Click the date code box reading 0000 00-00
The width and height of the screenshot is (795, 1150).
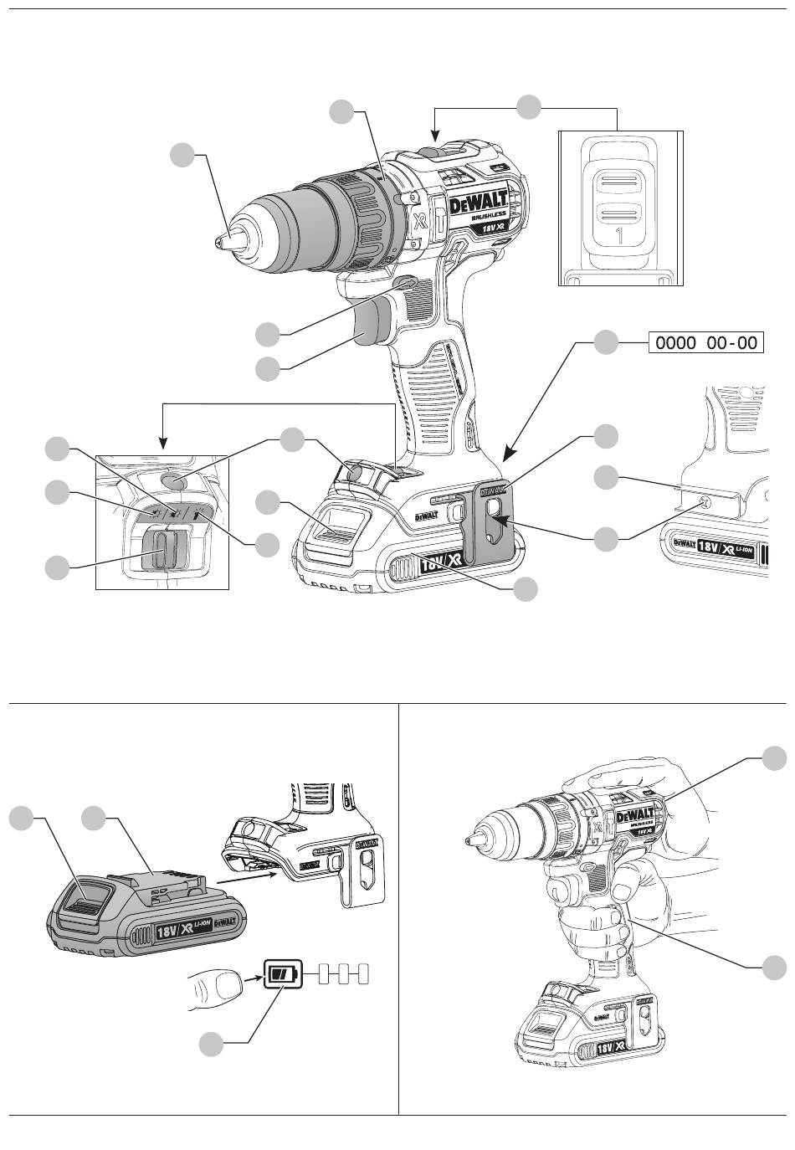point(706,343)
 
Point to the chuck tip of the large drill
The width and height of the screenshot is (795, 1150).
point(220,241)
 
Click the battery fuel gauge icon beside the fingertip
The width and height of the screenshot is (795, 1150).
point(281,974)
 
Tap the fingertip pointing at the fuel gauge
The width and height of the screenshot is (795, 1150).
point(219,990)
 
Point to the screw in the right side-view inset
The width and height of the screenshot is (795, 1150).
point(705,501)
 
